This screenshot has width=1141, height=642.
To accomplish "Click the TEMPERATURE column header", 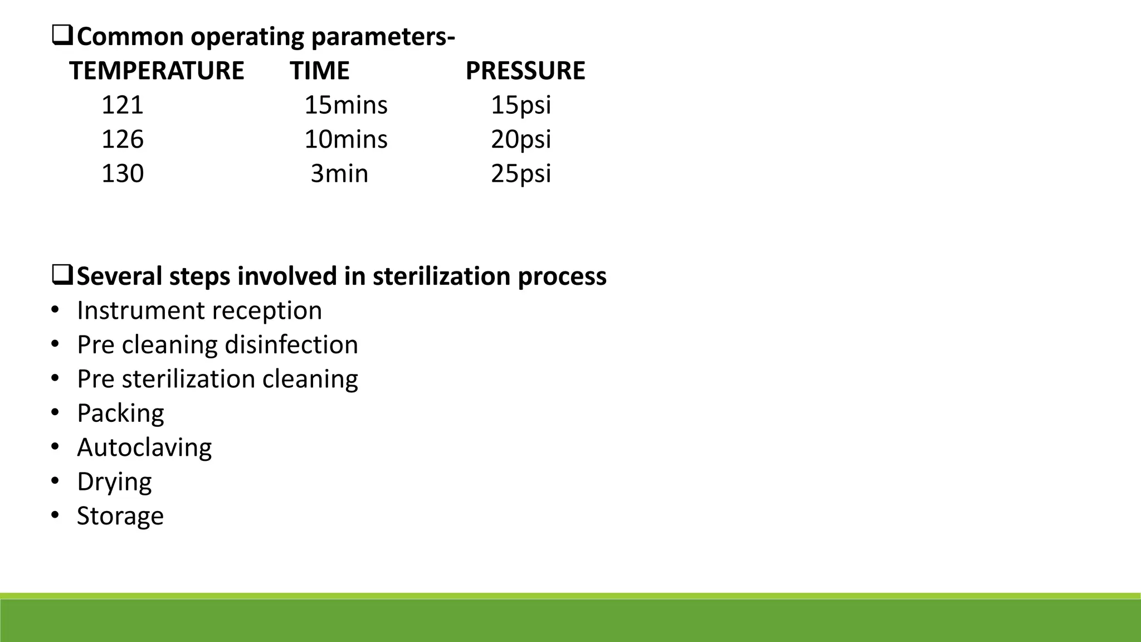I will [157, 71].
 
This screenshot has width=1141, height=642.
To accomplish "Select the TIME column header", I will [319, 71].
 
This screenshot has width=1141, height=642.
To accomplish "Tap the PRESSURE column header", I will [525, 71].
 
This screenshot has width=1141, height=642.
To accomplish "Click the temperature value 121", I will [123, 105].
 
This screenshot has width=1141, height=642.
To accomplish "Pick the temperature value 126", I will [123, 139].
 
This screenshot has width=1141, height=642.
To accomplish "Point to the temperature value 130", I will [123, 174].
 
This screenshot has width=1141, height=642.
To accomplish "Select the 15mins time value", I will [345, 105].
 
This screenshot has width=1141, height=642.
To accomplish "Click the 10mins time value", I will [345, 139].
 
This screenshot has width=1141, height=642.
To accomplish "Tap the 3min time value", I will [339, 174].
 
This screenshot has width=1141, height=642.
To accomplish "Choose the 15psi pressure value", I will [521, 105].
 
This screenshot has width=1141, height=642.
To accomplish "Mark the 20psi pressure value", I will [521, 139].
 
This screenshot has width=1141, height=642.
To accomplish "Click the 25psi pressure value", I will [521, 174].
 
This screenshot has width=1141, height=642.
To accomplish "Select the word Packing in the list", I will [120, 414].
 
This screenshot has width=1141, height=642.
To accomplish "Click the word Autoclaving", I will [144, 448].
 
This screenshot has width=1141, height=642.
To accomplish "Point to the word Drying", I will [114, 482].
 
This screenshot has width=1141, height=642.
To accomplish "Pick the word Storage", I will [120, 516].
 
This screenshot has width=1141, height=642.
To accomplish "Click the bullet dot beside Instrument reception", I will [55, 310].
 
